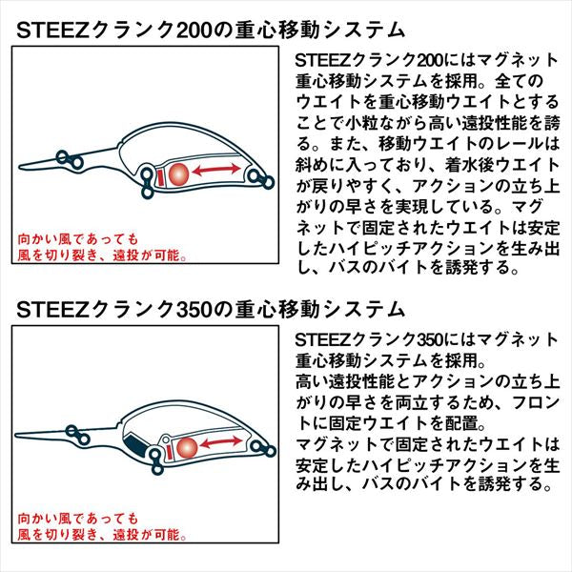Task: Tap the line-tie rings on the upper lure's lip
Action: pyautogui.click(x=71, y=158)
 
